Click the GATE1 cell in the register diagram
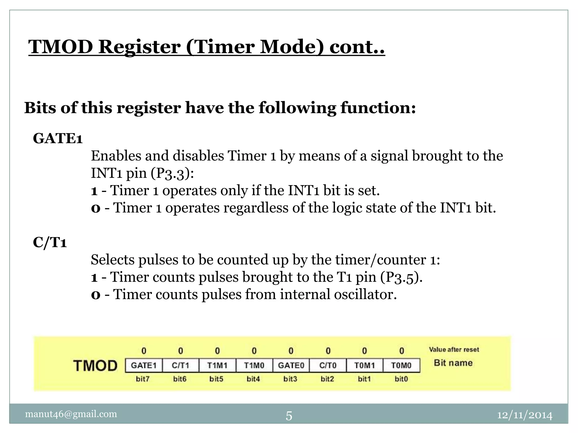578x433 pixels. pos(144,365)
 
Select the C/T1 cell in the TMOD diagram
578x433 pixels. pos(181,365)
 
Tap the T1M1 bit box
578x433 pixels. pos(217,365)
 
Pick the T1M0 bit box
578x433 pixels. pos(254,365)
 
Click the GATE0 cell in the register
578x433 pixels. pos(291,365)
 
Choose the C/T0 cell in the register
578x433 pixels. pos(328,365)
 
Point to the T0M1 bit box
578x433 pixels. pos(365,365)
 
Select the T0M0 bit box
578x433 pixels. pos(401,365)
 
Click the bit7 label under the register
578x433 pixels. pos(143,379)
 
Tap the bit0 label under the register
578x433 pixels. pos(401,379)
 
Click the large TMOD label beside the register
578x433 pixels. pos(95,366)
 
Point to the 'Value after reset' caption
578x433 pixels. pos(454,350)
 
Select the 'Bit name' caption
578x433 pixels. pos(453,363)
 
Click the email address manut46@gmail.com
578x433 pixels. pos(71,414)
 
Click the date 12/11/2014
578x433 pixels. pos(525,415)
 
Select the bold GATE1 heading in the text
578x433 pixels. pos(58,138)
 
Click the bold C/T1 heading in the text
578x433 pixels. pos(50,242)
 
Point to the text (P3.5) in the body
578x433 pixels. pos(401,277)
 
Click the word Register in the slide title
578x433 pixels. pos(139,47)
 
